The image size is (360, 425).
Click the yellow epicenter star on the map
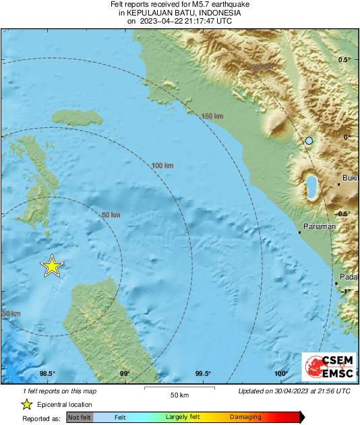click(x=52, y=267)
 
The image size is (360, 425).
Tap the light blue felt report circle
click(x=309, y=140)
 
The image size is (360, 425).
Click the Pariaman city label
click(x=320, y=227)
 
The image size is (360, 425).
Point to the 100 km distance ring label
click(x=162, y=166)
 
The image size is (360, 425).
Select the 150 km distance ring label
click(x=212, y=117)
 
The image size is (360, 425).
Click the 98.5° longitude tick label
click(x=47, y=374)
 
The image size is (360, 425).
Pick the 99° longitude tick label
click(x=125, y=374)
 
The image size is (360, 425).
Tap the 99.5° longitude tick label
click(x=204, y=374)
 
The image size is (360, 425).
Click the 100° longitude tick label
click(x=281, y=374)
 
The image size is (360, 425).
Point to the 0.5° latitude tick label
click(x=344, y=60)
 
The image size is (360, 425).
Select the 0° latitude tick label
click(x=347, y=137)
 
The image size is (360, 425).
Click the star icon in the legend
click(x=26, y=404)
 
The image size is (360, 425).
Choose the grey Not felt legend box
click(x=79, y=418)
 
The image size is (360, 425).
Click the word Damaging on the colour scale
click(x=246, y=418)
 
